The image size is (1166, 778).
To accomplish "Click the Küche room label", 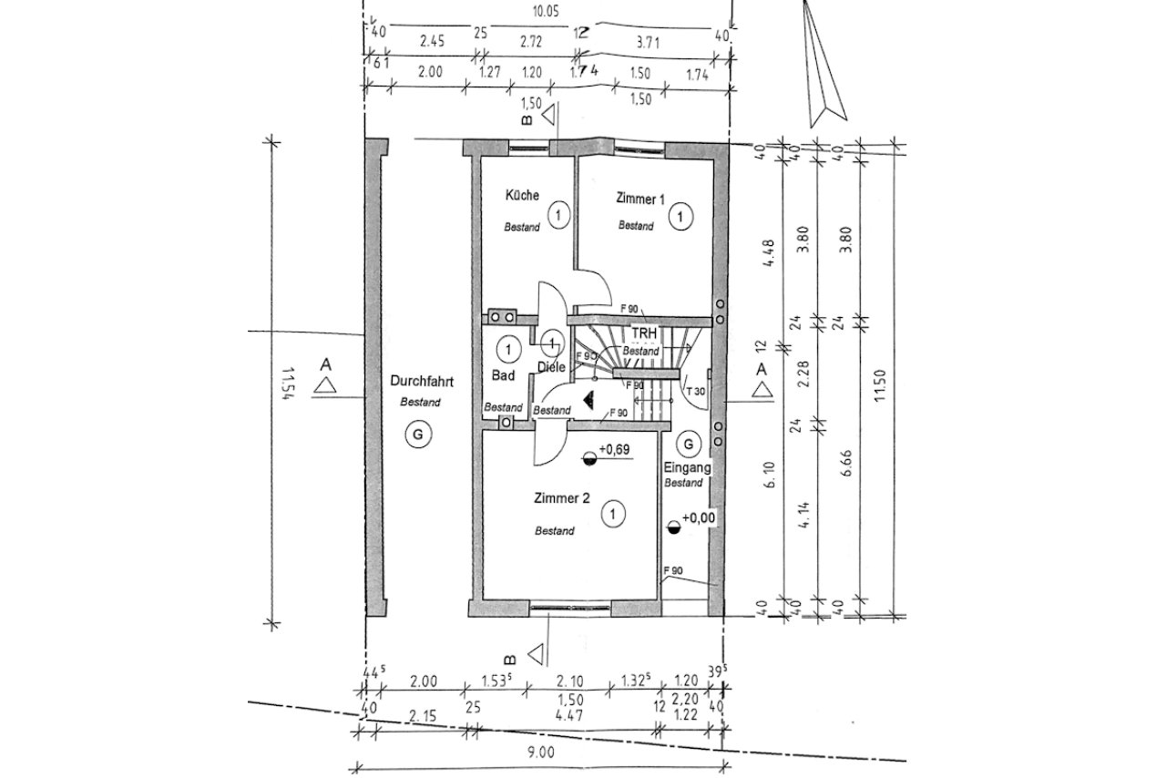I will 522,195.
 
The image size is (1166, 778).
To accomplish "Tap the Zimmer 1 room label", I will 640,198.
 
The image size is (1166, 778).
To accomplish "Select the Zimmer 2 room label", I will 562,498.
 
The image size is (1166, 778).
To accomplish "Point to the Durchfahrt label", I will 420,381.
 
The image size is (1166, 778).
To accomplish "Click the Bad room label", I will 504,374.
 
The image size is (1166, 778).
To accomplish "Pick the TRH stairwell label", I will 645,333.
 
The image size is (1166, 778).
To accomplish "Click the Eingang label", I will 687,466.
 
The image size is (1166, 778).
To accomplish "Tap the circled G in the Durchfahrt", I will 418,435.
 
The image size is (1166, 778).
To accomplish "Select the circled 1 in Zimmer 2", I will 614,515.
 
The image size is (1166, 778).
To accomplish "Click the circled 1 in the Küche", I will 559,216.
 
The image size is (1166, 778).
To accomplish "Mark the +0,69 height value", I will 613,450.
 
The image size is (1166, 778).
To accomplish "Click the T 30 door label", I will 697,391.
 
